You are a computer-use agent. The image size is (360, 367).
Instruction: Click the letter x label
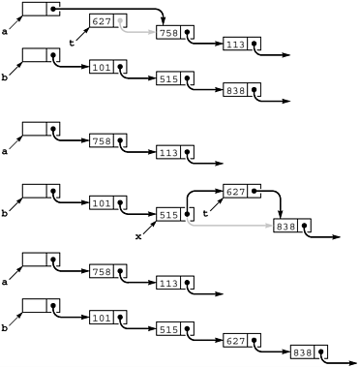(x=138, y=235)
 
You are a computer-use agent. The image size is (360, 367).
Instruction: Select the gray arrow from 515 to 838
(x=232, y=226)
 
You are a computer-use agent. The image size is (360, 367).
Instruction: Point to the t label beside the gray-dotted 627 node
(x=72, y=43)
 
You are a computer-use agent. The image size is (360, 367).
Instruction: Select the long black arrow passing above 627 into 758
(x=116, y=9)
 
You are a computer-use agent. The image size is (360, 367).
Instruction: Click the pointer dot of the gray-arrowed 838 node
(x=305, y=226)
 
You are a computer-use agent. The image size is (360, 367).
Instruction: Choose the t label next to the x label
(x=204, y=213)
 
